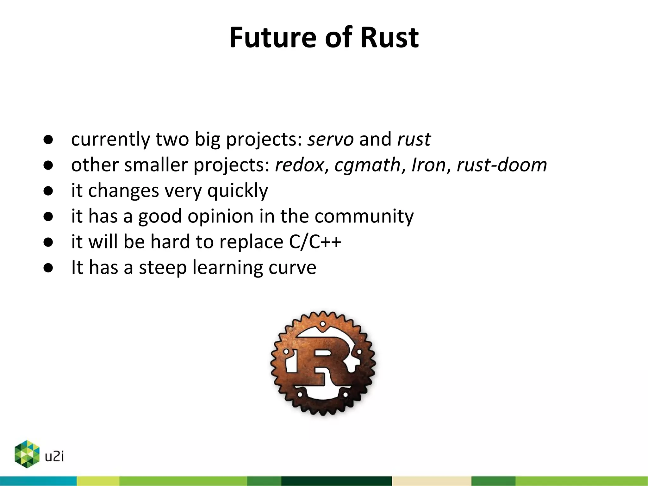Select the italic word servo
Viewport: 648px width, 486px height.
pyautogui.click(x=331, y=139)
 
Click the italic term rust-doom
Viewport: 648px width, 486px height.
pyautogui.click(x=502, y=165)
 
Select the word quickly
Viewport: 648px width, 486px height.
pyautogui.click(x=238, y=191)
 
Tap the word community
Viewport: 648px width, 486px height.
pyautogui.click(x=364, y=216)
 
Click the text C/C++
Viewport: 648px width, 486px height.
pyautogui.click(x=315, y=242)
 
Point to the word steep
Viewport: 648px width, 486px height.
pyautogui.click(x=163, y=268)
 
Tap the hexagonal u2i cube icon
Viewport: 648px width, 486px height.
pyautogui.click(x=27, y=454)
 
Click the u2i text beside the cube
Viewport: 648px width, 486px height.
pyautogui.click(x=54, y=457)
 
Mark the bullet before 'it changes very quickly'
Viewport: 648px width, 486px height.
pyautogui.click(x=48, y=191)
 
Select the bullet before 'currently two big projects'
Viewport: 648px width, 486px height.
pyautogui.click(x=48, y=140)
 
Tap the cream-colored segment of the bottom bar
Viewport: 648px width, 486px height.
pyautogui.click(x=431, y=481)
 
